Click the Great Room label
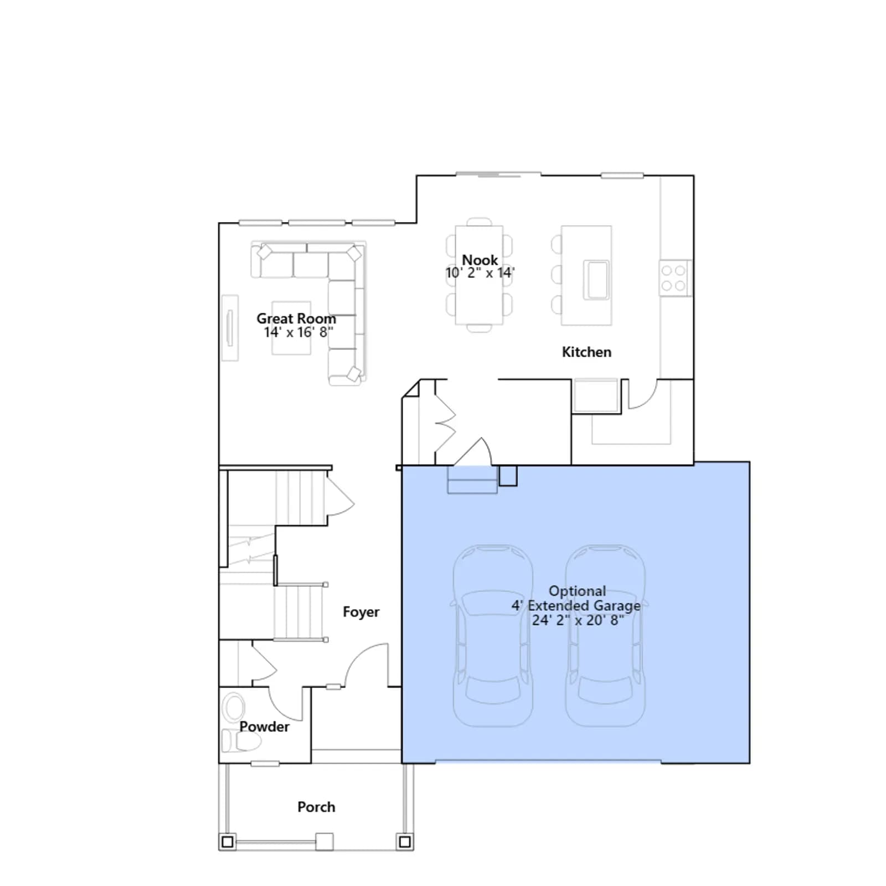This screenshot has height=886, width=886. [x=296, y=318]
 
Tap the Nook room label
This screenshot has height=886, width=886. [x=480, y=260]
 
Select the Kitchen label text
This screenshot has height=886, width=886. [x=586, y=352]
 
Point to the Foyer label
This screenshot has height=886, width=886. [x=361, y=611]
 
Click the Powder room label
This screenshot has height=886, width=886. [x=264, y=727]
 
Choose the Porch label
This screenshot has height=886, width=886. [x=316, y=807]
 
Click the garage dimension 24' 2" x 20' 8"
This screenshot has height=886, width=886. [x=578, y=620]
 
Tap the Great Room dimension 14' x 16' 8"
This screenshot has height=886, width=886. [x=298, y=332]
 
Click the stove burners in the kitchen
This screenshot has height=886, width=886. [x=674, y=278]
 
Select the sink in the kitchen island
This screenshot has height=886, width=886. [x=596, y=280]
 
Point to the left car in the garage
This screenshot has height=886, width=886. [x=493, y=636]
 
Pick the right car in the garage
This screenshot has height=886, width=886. [x=605, y=636]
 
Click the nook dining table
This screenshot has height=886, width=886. [x=479, y=275]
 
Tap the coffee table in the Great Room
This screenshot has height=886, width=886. [x=291, y=328]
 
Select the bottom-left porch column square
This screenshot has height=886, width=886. [x=227, y=842]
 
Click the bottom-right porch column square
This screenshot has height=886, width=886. [x=405, y=842]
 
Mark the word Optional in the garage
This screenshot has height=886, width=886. [x=577, y=591]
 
